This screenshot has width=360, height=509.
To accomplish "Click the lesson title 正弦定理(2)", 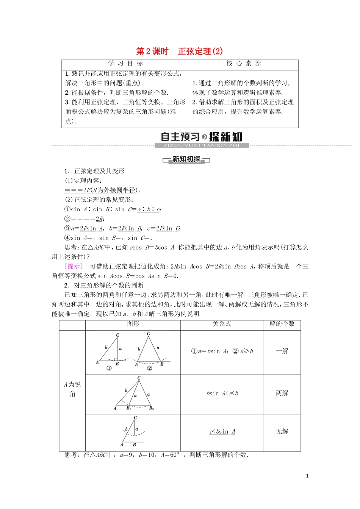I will pyautogui.click(x=200, y=52).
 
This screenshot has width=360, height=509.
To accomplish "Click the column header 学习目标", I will pyautogui.click(x=125, y=64).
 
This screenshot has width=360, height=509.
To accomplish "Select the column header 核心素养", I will pyautogui.click(x=244, y=64).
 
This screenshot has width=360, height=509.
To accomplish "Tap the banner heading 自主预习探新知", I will pyautogui.click(x=201, y=137).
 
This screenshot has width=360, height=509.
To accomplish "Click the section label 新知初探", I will pyautogui.click(x=186, y=159).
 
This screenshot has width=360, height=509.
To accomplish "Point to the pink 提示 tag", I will pyautogui.click(x=74, y=266).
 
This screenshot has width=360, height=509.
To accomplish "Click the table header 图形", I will pyautogui.click(x=133, y=324).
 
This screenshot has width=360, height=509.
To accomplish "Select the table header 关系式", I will pyautogui.click(x=222, y=324).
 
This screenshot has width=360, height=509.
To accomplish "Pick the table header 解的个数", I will pyautogui.click(x=282, y=324).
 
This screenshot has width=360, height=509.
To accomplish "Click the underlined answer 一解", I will pyautogui.click(x=282, y=351).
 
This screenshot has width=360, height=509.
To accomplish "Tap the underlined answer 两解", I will pyautogui.click(x=282, y=393).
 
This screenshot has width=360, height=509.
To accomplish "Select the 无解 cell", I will pyautogui.click(x=282, y=431).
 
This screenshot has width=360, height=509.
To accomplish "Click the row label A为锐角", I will pyautogui.click(x=72, y=389).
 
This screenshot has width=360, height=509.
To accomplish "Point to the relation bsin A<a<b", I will pyautogui.click(x=222, y=393).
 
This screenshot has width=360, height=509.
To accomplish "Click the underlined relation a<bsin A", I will pyautogui.click(x=222, y=432).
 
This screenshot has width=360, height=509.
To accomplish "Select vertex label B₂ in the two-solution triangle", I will pyautogui.click(x=152, y=408).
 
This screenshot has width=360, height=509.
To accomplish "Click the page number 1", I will pyautogui.click(x=307, y=476).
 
